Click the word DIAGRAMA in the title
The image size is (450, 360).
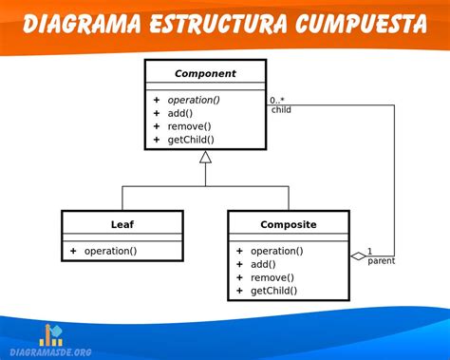coord(82,25)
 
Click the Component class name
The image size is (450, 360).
coord(205,73)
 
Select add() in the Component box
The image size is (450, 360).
coord(183,113)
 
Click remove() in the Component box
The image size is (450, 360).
coord(190,126)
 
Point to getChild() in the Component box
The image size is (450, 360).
coord(193,140)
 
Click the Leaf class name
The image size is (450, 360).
coord(122,224)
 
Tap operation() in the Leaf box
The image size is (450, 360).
coord(110,251)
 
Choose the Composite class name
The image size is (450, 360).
coord(289,224)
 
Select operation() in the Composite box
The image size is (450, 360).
coord(277,251)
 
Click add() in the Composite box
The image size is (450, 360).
coord(263,264)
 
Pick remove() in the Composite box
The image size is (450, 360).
coord(271,277)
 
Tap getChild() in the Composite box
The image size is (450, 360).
coord(273,291)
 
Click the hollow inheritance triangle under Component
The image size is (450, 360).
coord(205,157)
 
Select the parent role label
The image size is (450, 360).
coord(381,261)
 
